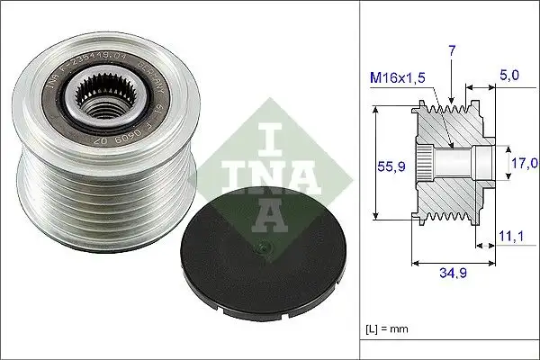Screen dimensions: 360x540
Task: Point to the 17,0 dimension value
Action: point(524,163)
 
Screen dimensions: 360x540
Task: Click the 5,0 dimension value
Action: point(511,78)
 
